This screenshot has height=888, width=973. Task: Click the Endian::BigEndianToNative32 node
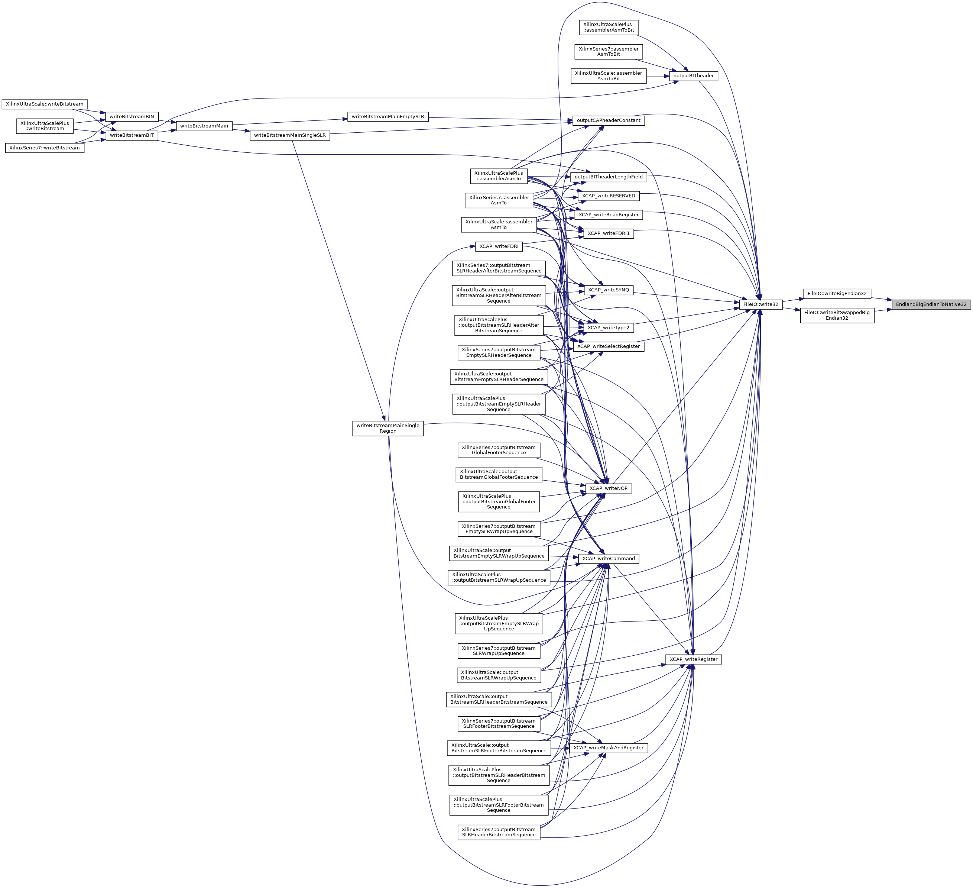[931, 304]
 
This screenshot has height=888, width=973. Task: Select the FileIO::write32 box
[760, 304]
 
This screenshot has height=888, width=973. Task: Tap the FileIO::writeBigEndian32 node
[837, 294]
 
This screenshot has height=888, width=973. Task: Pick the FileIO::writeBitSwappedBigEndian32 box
[837, 315]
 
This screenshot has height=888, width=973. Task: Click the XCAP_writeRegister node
[693, 659]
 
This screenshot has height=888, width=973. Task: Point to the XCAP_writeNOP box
[608, 488]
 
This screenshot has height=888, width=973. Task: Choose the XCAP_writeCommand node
[608, 558]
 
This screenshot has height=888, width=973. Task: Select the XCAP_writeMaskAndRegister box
[608, 747]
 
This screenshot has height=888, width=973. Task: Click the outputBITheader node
[694, 76]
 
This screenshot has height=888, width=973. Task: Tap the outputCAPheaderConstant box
[608, 120]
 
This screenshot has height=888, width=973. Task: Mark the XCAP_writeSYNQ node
[608, 290]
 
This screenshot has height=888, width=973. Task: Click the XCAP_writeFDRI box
[499, 246]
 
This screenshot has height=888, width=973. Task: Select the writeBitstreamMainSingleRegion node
[387, 428]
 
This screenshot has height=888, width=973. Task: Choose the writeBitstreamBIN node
[132, 117]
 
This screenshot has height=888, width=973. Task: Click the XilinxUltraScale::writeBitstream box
[45, 104]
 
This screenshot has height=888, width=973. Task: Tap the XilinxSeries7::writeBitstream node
[45, 148]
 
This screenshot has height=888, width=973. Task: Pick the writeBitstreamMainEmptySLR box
[387, 117]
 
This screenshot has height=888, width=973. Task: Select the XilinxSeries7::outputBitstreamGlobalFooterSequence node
[498, 450]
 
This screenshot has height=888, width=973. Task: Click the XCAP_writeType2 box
[608, 328]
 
